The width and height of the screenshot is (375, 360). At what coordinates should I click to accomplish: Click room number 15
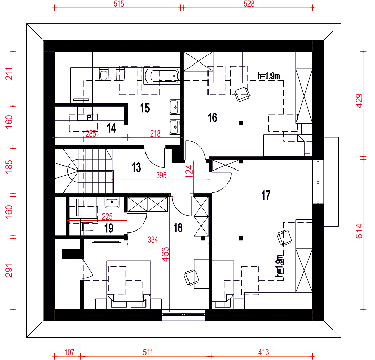[145, 108]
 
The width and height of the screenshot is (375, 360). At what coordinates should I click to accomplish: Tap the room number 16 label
[212, 118]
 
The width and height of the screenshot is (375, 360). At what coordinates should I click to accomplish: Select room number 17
[266, 195]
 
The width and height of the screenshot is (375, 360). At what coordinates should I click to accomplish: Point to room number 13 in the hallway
[136, 167]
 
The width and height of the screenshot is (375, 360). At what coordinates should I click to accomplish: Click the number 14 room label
[111, 128]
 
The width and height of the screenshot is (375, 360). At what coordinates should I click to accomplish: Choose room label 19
[109, 228]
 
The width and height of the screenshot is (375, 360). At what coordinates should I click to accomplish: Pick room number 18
[178, 228]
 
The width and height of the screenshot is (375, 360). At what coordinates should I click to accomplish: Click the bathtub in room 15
[162, 76]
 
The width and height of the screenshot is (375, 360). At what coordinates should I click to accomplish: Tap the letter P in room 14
[89, 117]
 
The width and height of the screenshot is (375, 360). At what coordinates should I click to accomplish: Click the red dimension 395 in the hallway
[161, 175]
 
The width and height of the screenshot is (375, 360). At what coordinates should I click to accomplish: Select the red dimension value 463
[165, 255]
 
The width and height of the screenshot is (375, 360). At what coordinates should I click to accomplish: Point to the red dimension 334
[153, 240]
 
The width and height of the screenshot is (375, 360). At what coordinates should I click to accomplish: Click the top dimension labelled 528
[249, 4]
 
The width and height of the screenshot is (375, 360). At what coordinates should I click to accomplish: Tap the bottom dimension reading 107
[69, 352]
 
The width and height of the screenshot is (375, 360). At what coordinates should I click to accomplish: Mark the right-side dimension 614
[359, 231]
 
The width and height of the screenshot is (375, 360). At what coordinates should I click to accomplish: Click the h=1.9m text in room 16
[268, 76]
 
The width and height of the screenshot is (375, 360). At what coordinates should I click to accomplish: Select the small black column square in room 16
[241, 123]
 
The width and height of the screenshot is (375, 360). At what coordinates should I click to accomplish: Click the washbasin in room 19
[112, 203]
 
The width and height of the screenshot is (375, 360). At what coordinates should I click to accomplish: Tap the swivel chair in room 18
[191, 278]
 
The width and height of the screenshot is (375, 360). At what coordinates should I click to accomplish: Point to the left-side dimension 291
[9, 270]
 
